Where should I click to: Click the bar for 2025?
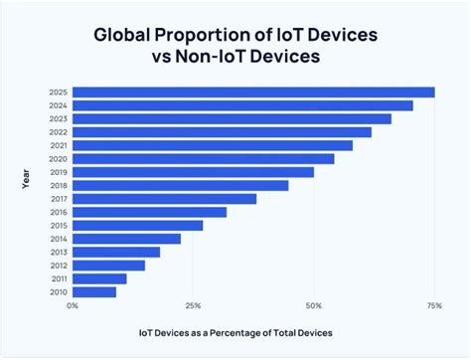[x=253, y=92]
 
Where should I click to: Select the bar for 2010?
[x=94, y=291]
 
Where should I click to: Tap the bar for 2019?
[x=193, y=172]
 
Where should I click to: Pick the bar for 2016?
[x=149, y=212]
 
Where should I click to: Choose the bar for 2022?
[x=222, y=132]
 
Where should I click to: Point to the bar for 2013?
[x=116, y=252]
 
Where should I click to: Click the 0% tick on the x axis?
[x=73, y=305]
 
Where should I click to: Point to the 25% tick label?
[x=194, y=305]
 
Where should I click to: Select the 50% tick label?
[x=314, y=305]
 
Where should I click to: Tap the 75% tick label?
[x=434, y=305]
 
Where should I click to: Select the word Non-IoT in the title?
[x=210, y=58]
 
